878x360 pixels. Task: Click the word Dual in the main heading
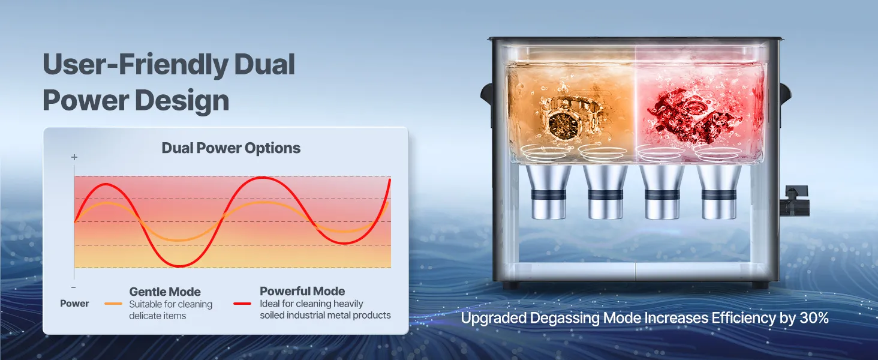coord(264,64)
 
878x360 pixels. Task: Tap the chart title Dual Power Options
coord(231,148)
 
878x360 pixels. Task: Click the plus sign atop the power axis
coord(74,157)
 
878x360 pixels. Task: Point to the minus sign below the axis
coord(74,287)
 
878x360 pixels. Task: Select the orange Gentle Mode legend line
coord(113,304)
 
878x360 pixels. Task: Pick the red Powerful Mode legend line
coord(242,304)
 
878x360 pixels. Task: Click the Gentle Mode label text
coord(165,292)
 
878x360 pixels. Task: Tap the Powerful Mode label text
coord(302,291)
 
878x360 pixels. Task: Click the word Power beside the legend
coord(74,303)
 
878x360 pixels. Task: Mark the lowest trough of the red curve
coord(179,266)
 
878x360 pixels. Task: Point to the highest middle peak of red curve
coord(263,178)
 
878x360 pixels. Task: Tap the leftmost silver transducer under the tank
coord(548,191)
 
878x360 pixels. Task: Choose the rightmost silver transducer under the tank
coord(718,191)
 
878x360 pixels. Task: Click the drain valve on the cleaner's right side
coord(794,201)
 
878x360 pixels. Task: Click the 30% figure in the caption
coord(814,317)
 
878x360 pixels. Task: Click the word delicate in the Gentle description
coord(143,316)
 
